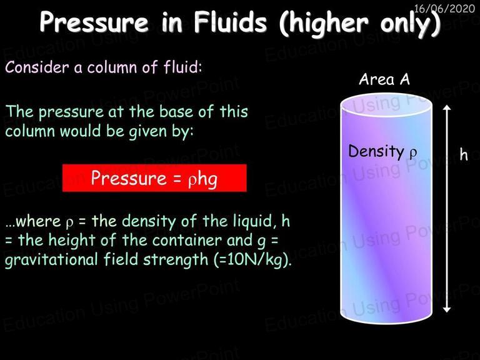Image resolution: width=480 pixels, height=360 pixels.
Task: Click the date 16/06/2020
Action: [444, 8]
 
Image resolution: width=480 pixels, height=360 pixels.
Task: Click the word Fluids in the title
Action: [230, 22]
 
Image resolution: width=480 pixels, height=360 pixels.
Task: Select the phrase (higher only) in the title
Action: [360, 23]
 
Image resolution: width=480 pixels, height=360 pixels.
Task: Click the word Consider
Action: [37, 67]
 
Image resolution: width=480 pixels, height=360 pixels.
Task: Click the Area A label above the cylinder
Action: [384, 79]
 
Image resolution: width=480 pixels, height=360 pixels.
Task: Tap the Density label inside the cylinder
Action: [376, 151]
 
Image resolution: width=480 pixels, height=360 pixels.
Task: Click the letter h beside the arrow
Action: [464, 154]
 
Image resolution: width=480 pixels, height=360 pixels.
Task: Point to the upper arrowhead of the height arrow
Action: [447, 107]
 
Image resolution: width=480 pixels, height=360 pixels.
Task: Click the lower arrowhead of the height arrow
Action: [447, 309]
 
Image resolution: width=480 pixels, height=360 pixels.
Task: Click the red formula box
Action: [154, 178]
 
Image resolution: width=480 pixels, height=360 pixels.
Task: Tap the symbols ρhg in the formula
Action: [202, 179]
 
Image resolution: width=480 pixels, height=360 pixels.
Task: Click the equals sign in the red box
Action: [177, 179]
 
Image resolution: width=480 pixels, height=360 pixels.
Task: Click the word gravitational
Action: [51, 259]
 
